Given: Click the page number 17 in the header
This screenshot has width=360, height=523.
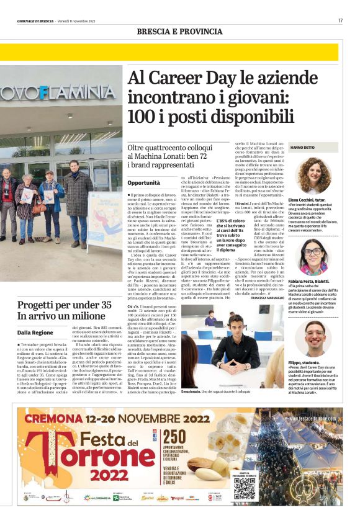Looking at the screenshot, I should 340,20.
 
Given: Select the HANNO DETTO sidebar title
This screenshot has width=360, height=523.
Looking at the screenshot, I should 304,147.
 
